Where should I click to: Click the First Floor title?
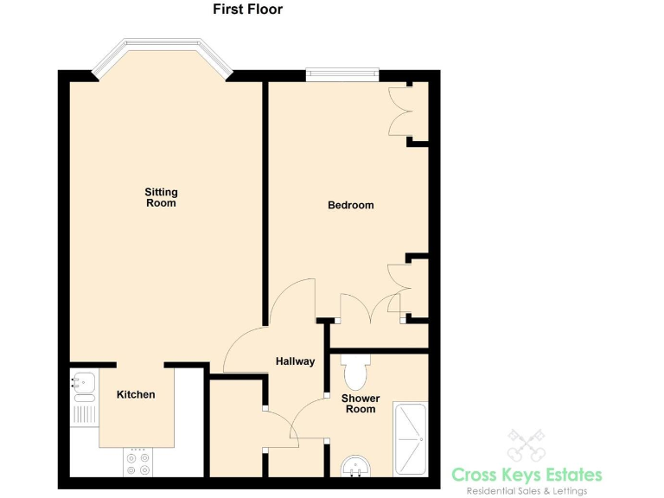coord(247,10)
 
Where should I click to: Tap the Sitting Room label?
coord(161,197)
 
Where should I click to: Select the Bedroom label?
coord(350,205)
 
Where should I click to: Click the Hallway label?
coord(295,361)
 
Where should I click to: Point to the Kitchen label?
coord(136,394)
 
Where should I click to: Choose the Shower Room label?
coord(361,404)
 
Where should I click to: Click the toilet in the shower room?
coord(355,371)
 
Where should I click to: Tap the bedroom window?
coord(342,74)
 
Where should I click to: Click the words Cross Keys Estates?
coord(527,474)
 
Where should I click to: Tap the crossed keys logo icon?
coord(526,445)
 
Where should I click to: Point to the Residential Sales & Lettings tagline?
coord(527,491)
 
